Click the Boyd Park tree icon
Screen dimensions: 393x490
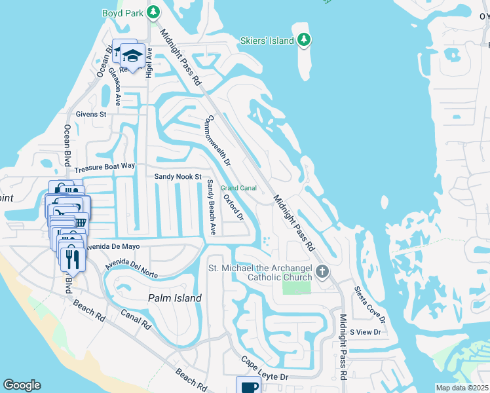pos(153,12)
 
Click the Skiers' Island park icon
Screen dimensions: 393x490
pos(303,41)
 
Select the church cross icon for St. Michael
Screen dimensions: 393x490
pos(322,271)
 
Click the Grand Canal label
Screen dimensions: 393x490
pos(238,188)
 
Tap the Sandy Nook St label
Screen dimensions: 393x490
pos(177,177)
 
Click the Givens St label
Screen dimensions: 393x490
pos(91,114)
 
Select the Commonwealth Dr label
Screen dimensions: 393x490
pos(219,140)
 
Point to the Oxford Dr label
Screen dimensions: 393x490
pos(233,207)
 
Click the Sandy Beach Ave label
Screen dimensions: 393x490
pos(211,208)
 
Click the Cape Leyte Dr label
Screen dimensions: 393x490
pos(265,368)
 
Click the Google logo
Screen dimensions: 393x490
pos(22,385)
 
